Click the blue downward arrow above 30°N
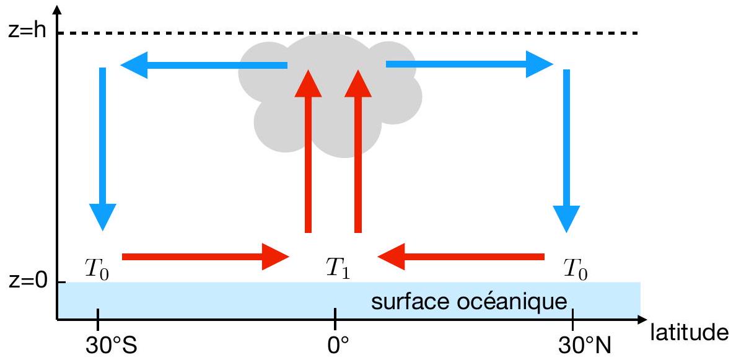click(566, 149)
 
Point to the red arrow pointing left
click(461, 256)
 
